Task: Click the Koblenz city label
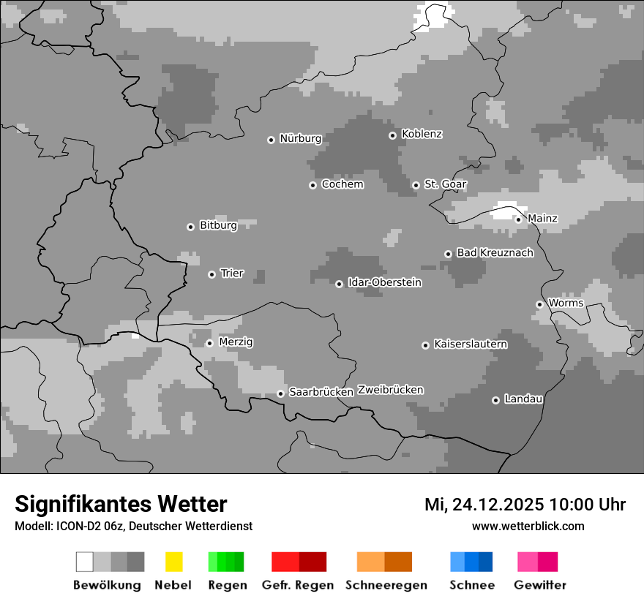422,134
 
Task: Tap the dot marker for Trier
211,274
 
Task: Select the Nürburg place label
300,138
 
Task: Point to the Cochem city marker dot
312,185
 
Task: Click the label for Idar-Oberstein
384,282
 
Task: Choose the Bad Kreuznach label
495,252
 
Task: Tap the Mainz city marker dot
518,219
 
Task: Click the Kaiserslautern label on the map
471,344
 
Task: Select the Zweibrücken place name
390,390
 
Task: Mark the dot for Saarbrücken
280,393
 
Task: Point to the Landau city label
523,399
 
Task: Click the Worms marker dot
539,304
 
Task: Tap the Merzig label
236,342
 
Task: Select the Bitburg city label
218,225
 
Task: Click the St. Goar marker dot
416,185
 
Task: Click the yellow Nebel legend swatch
173,562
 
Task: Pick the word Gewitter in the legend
539,585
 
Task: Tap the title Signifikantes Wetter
121,504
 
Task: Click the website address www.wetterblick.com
528,526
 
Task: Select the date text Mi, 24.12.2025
484,505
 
